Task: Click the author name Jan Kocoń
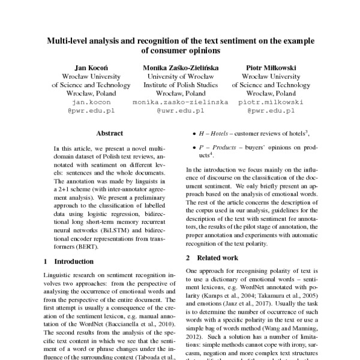click(x=89, y=67)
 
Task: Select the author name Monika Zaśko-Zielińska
click(x=180, y=67)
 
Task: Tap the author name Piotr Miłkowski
click(x=271, y=67)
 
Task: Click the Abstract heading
click(x=109, y=133)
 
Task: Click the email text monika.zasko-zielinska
click(x=180, y=103)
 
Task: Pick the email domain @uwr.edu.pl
click(x=180, y=112)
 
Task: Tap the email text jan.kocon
click(x=89, y=103)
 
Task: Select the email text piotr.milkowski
click(x=271, y=103)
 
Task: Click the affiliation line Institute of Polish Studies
click(x=180, y=85)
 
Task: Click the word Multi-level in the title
click(x=70, y=42)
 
